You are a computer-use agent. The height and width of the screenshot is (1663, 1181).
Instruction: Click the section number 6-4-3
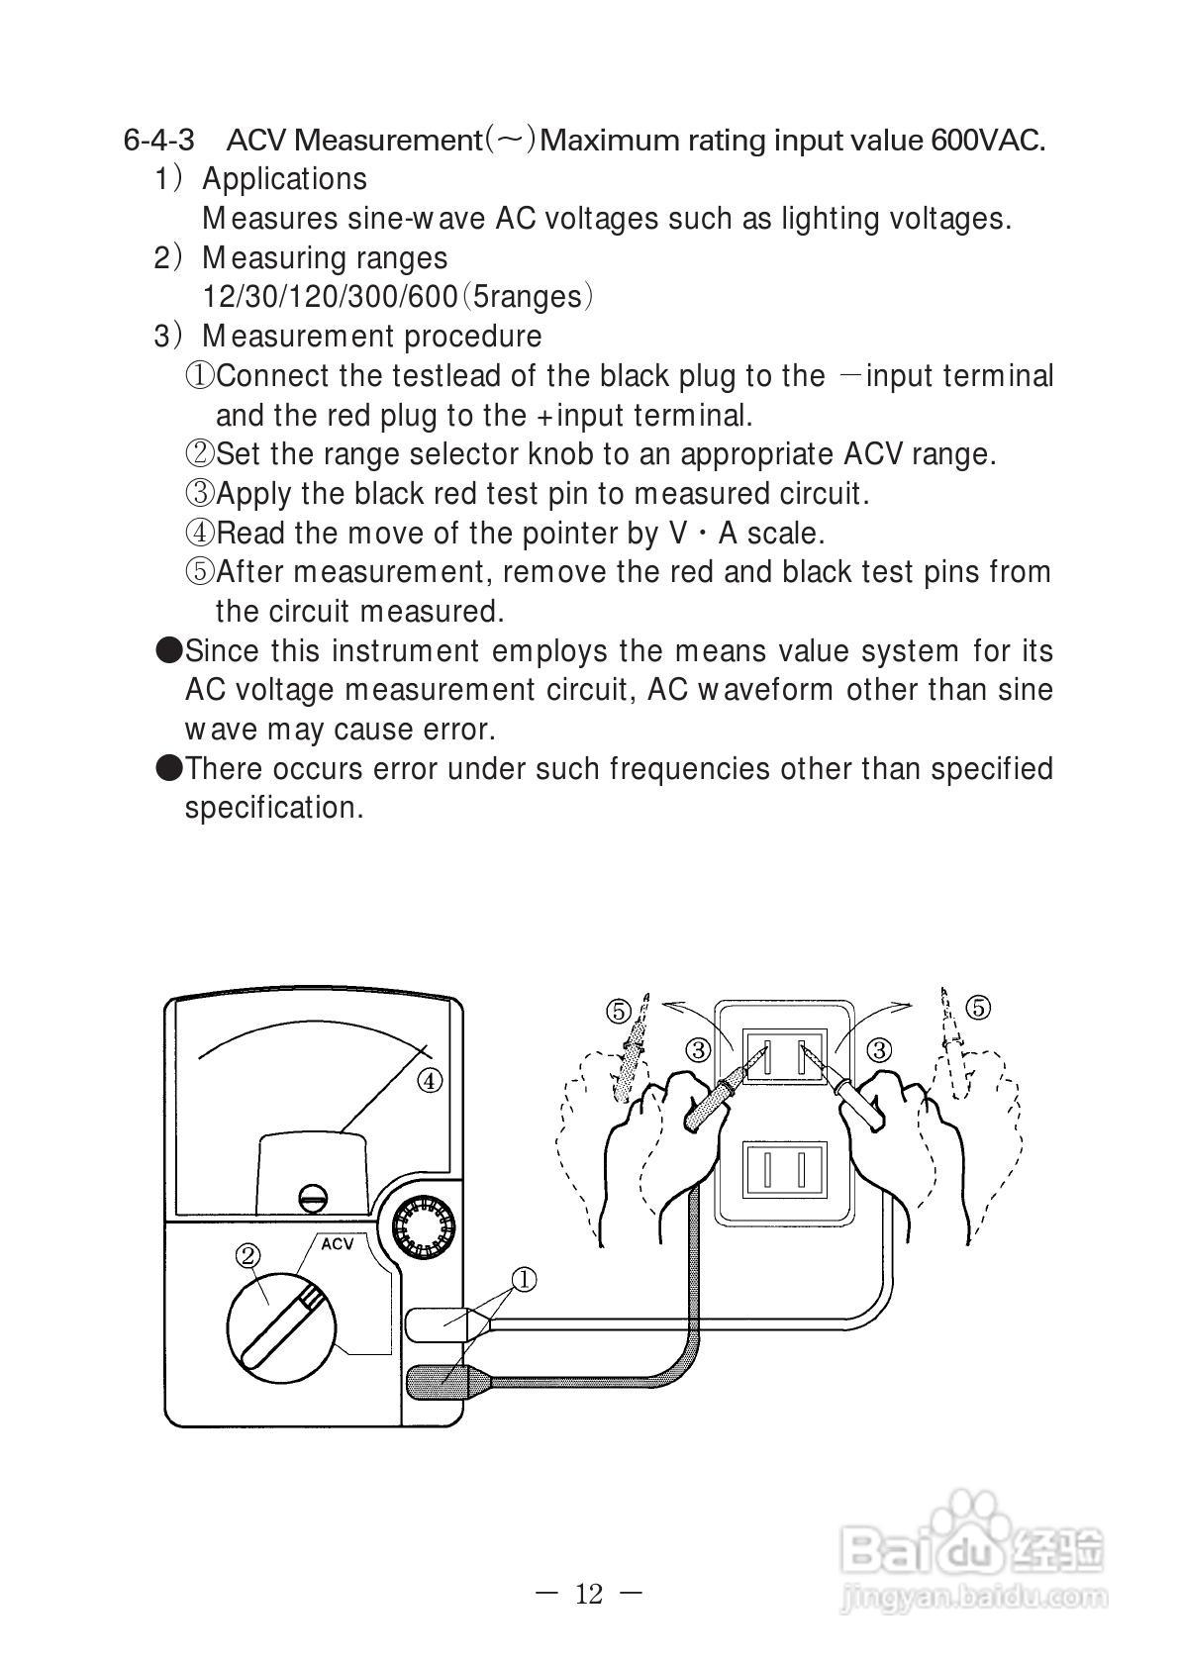tap(158, 140)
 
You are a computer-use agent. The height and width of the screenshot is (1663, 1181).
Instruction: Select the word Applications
tap(284, 179)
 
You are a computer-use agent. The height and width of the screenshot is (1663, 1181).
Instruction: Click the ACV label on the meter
tap(337, 1244)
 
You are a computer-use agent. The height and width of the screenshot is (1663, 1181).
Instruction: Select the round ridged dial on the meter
tap(423, 1226)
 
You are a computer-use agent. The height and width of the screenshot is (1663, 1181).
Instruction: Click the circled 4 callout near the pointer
tap(429, 1081)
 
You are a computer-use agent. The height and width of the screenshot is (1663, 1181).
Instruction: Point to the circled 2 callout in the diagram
tap(247, 1255)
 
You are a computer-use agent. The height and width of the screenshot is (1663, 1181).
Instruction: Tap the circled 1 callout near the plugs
tap(523, 1280)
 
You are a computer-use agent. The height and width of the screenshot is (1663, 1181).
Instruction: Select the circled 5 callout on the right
tap(977, 1008)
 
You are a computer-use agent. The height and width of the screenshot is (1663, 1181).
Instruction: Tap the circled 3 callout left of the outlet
tap(698, 1049)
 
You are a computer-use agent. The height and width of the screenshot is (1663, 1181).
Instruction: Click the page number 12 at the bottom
tap(588, 1594)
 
